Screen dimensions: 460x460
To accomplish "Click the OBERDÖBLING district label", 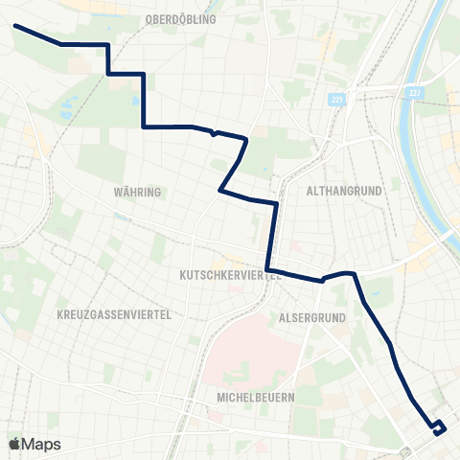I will click(x=180, y=19).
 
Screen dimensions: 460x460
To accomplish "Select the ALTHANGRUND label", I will click(x=344, y=191).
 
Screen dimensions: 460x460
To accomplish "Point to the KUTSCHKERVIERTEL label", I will click(x=229, y=274).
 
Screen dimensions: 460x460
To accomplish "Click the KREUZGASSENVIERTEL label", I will click(x=113, y=314).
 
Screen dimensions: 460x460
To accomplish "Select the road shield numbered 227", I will click(x=414, y=91).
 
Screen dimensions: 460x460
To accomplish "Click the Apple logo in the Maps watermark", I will click(x=14, y=444).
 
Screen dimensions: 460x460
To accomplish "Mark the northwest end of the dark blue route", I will click(x=16, y=26).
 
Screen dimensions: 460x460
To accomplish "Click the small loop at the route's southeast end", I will click(x=438, y=427).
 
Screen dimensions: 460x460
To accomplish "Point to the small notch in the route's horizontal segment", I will click(x=215, y=133).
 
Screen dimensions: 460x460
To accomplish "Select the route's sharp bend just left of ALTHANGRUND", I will click(x=277, y=204).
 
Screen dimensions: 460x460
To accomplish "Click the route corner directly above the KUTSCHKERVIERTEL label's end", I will click(x=268, y=267).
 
